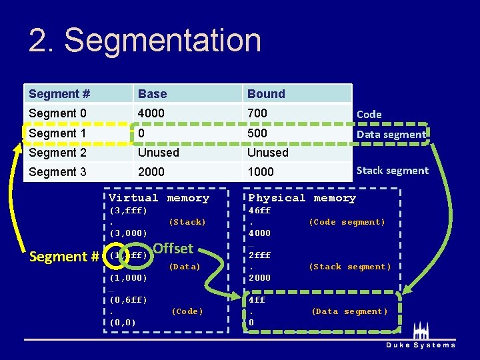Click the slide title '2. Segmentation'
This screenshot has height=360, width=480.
(145, 40)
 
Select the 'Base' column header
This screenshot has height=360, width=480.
(153, 94)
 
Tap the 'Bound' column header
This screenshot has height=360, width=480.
(266, 94)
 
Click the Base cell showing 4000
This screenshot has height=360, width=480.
(151, 113)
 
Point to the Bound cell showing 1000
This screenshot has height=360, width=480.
(261, 172)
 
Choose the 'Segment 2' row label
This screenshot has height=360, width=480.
(57, 153)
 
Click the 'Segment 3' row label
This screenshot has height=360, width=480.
(57, 172)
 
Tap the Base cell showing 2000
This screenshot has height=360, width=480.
(151, 172)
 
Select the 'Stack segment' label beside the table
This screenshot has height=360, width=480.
(392, 171)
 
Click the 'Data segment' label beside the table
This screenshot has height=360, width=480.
(391, 134)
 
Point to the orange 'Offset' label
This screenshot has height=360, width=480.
(173, 249)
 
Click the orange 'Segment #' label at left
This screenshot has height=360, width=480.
(65, 257)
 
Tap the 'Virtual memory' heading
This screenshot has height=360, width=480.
(159, 198)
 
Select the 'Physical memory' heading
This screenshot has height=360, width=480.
(302, 198)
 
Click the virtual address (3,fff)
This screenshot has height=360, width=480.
(128, 211)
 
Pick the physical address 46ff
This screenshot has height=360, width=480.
(259, 211)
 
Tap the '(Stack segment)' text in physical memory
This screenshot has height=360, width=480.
(349, 267)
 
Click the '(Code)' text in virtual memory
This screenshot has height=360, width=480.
(187, 311)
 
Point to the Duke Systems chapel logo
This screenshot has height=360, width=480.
(421, 331)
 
